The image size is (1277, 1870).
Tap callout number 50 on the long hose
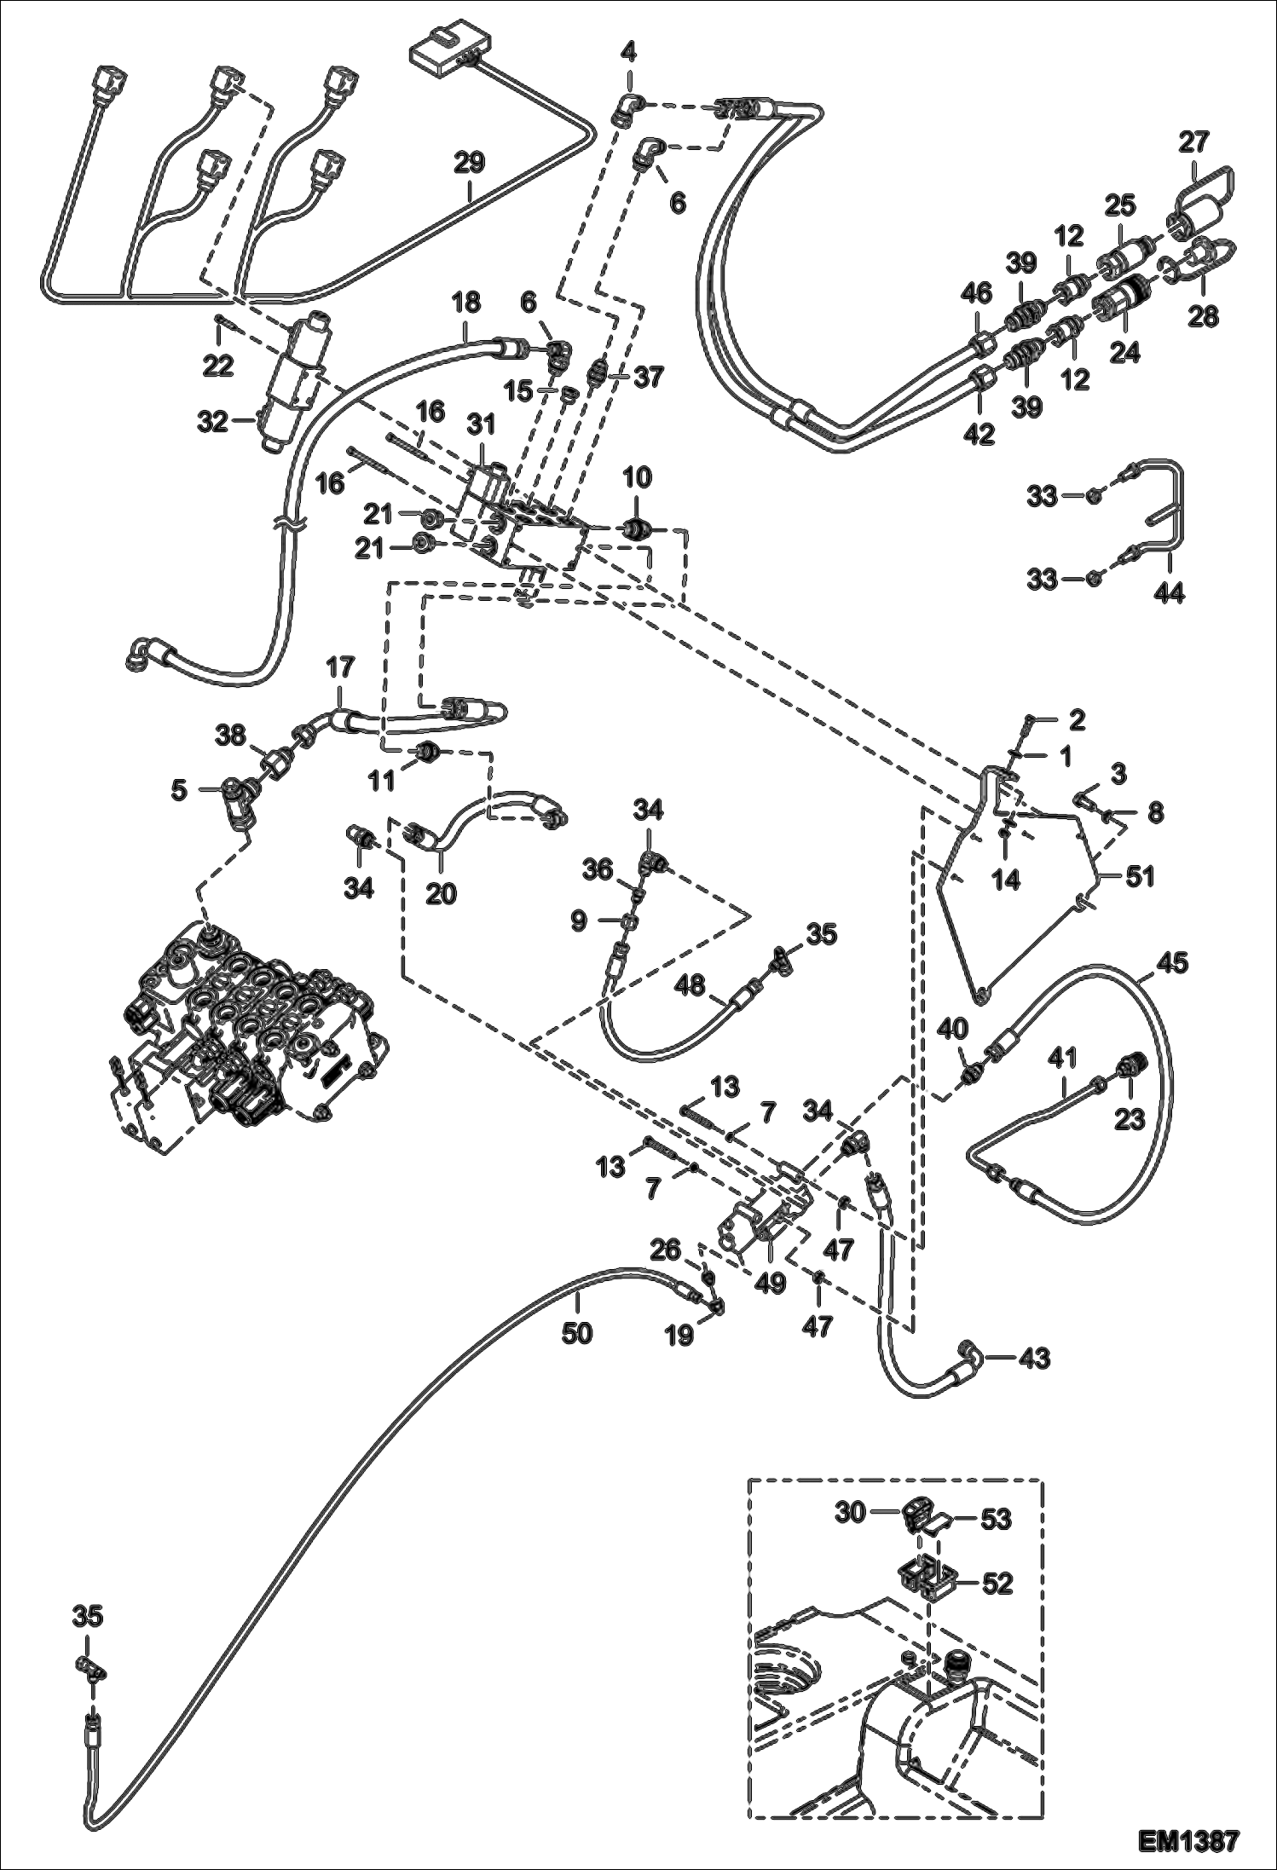click(576, 1332)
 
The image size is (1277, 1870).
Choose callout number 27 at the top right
click(1194, 141)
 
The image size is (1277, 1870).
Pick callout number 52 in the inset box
click(997, 1584)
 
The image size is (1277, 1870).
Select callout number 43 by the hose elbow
click(1032, 1357)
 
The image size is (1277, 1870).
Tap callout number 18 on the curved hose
click(466, 303)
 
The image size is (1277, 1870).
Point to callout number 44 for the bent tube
click(1169, 592)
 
